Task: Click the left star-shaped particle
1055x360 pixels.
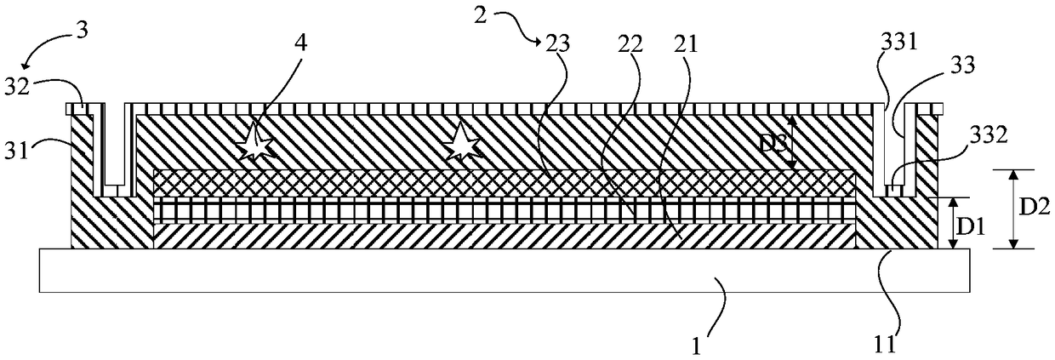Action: tap(254, 142)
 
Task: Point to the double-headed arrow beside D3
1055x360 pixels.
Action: tap(790, 141)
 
